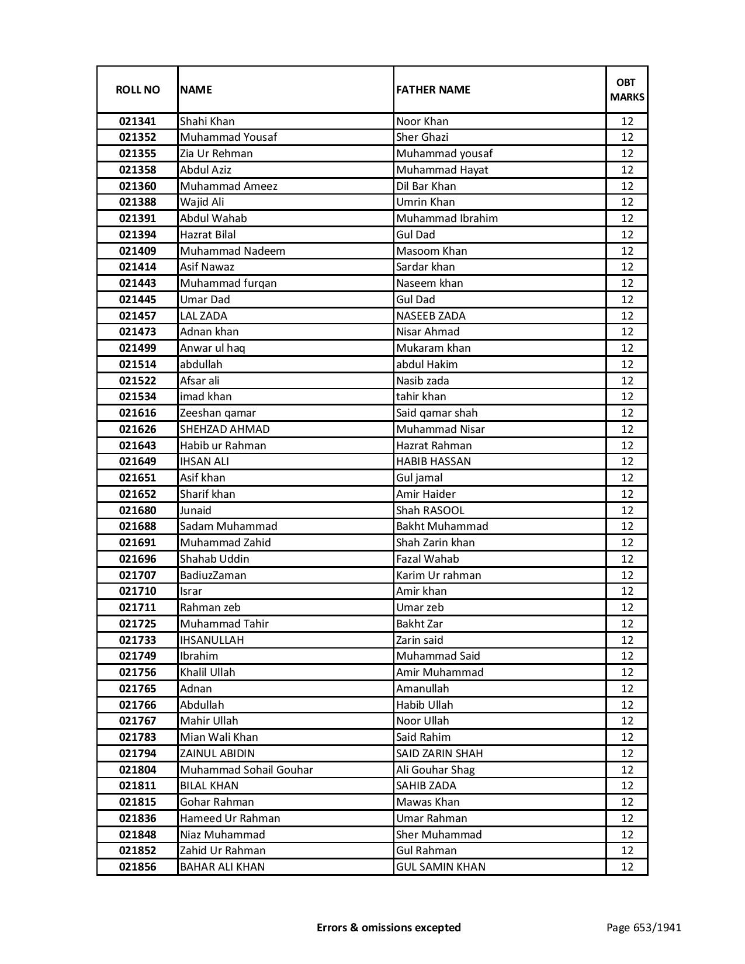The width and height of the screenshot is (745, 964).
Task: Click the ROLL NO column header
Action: coord(137,89)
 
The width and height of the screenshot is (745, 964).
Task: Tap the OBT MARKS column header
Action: coord(627,89)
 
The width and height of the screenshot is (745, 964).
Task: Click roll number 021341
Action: coord(137,122)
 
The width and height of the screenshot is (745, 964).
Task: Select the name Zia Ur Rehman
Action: coord(216,154)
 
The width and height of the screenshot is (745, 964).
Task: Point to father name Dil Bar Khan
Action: coord(426,186)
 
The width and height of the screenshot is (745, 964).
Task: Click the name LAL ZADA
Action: coord(203,316)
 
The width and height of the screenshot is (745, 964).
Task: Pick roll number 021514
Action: coord(137,365)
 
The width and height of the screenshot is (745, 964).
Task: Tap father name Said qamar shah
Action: coord(436,413)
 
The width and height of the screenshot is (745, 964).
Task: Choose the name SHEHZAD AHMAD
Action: coord(225,429)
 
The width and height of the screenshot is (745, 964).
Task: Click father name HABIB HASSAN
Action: coord(433,462)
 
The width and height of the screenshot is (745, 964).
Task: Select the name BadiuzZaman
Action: coord(213,575)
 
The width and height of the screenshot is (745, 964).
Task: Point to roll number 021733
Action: coord(137,640)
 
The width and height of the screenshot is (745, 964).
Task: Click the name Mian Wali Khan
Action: coord(219,737)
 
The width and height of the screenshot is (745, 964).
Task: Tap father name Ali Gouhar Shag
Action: coord(435,770)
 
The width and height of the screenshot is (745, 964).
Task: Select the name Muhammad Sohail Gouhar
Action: coord(246,770)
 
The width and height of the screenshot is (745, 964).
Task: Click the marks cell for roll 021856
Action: coord(627,867)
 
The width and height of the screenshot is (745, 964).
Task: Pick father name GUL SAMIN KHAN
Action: coord(441,867)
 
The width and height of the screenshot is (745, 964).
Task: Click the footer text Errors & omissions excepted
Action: coord(389,927)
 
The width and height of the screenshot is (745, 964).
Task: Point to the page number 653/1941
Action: coord(643,927)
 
